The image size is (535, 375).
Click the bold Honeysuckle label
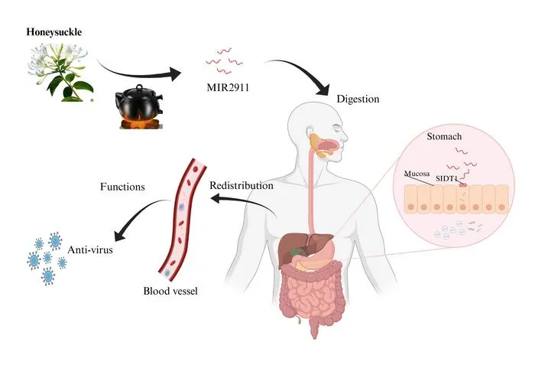click(x=54, y=32)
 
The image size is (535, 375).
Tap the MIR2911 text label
click(x=228, y=87)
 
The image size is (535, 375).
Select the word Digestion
click(x=358, y=99)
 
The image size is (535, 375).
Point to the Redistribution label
click(x=242, y=185)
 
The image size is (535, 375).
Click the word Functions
click(x=122, y=187)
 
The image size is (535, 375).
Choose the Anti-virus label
click(x=90, y=249)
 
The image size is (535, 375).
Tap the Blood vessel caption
click(x=170, y=291)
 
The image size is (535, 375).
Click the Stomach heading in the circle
click(x=444, y=136)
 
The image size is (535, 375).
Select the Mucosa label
click(x=417, y=174)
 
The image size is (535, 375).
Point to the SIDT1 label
click(x=446, y=178)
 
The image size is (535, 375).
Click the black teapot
click(x=139, y=102)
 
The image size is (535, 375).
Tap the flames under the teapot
click(x=140, y=123)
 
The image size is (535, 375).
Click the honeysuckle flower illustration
click(x=60, y=73)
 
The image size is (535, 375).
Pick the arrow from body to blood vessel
click(x=244, y=201)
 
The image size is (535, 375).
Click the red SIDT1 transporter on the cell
click(x=463, y=184)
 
